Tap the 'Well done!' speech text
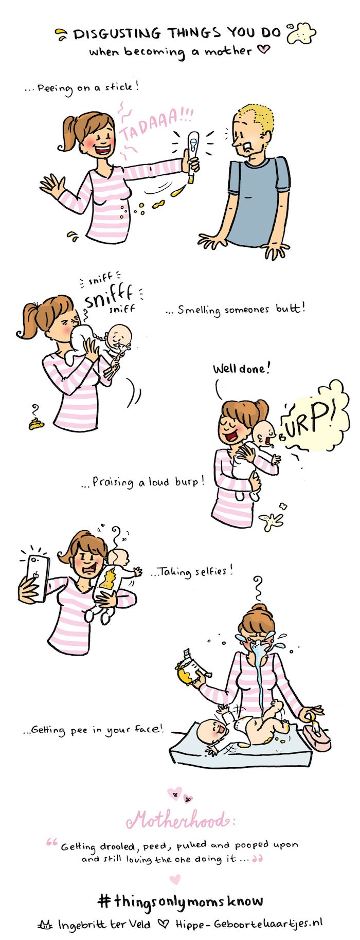241,369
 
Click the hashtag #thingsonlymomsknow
180,900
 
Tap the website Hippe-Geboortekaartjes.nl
249,923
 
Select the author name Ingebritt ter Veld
103,924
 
